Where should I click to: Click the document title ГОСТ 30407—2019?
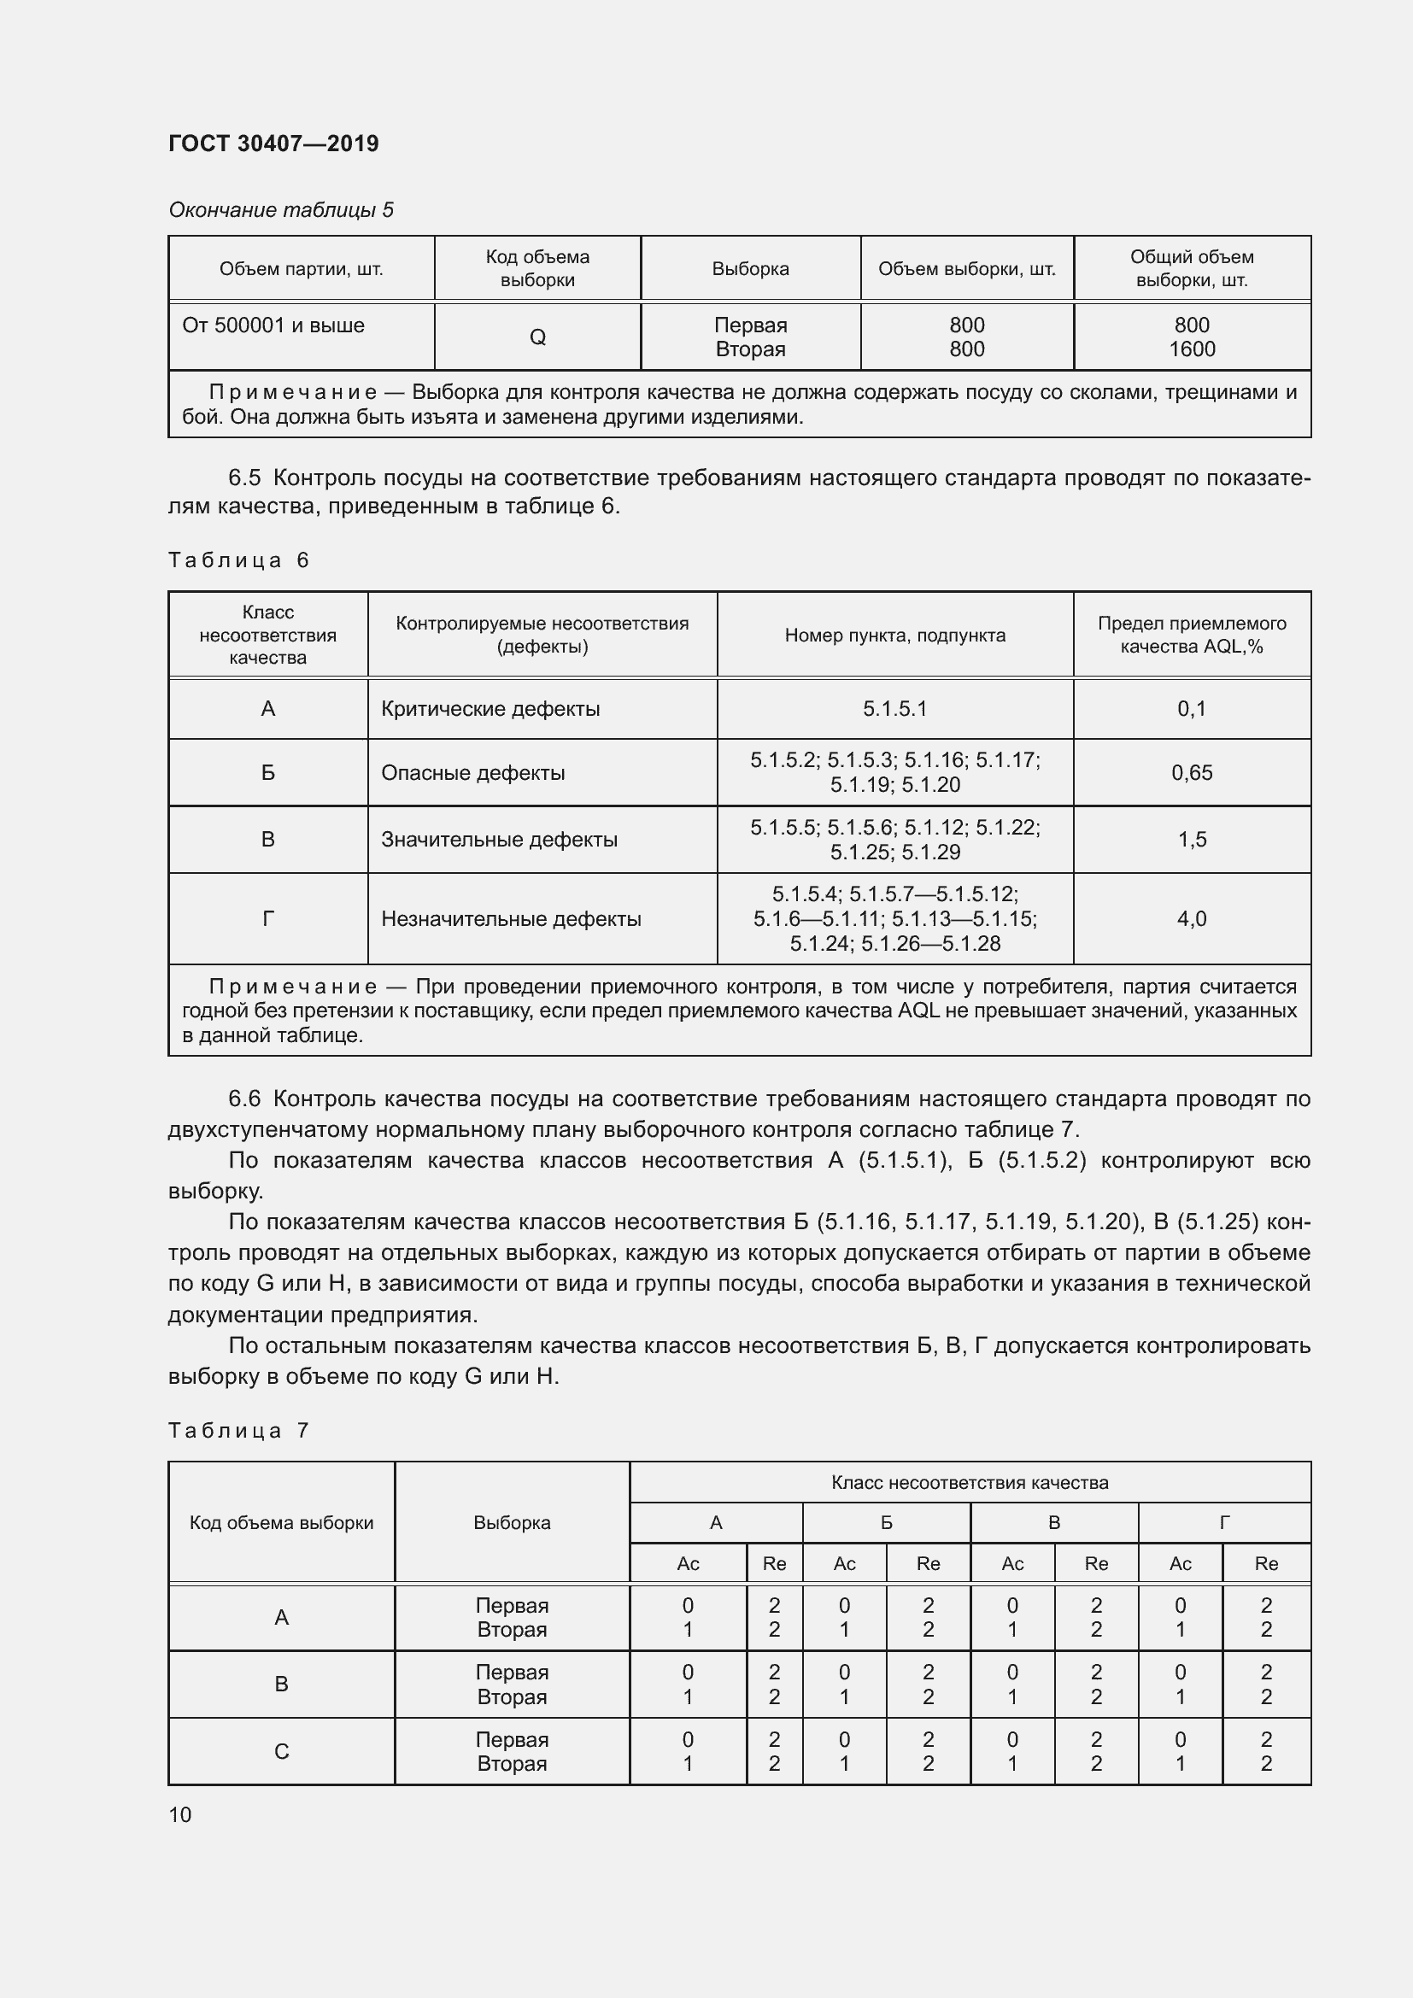tap(273, 144)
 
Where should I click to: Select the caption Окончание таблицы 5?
tap(280, 210)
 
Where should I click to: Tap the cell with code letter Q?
tap(536, 337)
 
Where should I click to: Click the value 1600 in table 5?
tap(1191, 349)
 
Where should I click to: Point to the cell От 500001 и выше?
tap(273, 325)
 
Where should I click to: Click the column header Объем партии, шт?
tap(301, 269)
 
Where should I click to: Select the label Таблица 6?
tap(238, 560)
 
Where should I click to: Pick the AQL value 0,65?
tap(1191, 772)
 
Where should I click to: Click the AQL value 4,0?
tap(1191, 918)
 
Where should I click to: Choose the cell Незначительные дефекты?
tap(511, 918)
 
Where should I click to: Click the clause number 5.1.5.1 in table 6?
tap(894, 708)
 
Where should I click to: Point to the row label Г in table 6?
tap(268, 918)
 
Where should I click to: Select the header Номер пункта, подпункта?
tap(894, 636)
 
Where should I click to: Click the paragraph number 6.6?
tap(244, 1099)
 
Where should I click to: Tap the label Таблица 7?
tap(238, 1431)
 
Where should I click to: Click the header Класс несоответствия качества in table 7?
tap(970, 1482)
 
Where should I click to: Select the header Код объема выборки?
tap(281, 1522)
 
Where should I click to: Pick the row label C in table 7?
tap(281, 1751)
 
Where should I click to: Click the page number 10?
tap(180, 1814)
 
